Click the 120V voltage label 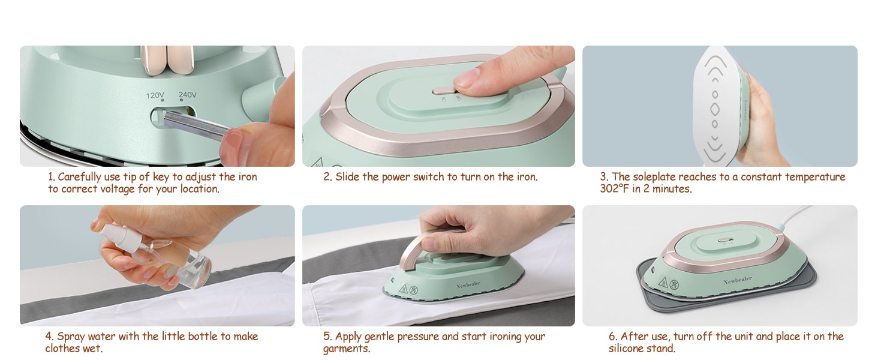click(x=155, y=95)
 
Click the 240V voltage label click(x=187, y=95)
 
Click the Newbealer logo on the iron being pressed click(x=468, y=284)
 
